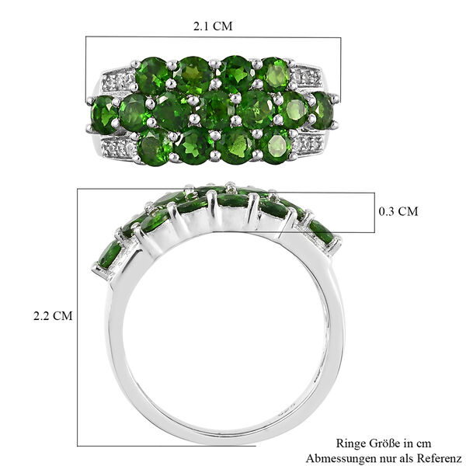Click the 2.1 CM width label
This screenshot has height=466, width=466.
click(213, 26)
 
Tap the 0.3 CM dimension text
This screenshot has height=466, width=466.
click(398, 211)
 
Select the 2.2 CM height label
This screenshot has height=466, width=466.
click(53, 316)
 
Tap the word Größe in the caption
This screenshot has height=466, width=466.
click(386, 443)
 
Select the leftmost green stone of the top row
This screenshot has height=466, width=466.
click(151, 76)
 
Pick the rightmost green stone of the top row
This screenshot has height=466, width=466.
click(274, 75)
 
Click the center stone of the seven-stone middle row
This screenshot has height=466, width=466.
click(215, 110)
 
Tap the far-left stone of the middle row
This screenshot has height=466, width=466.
click(104, 114)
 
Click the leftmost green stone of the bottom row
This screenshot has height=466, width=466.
click(155, 147)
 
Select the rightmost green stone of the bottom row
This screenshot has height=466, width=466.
click(275, 144)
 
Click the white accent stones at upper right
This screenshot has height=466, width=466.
click(308, 77)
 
